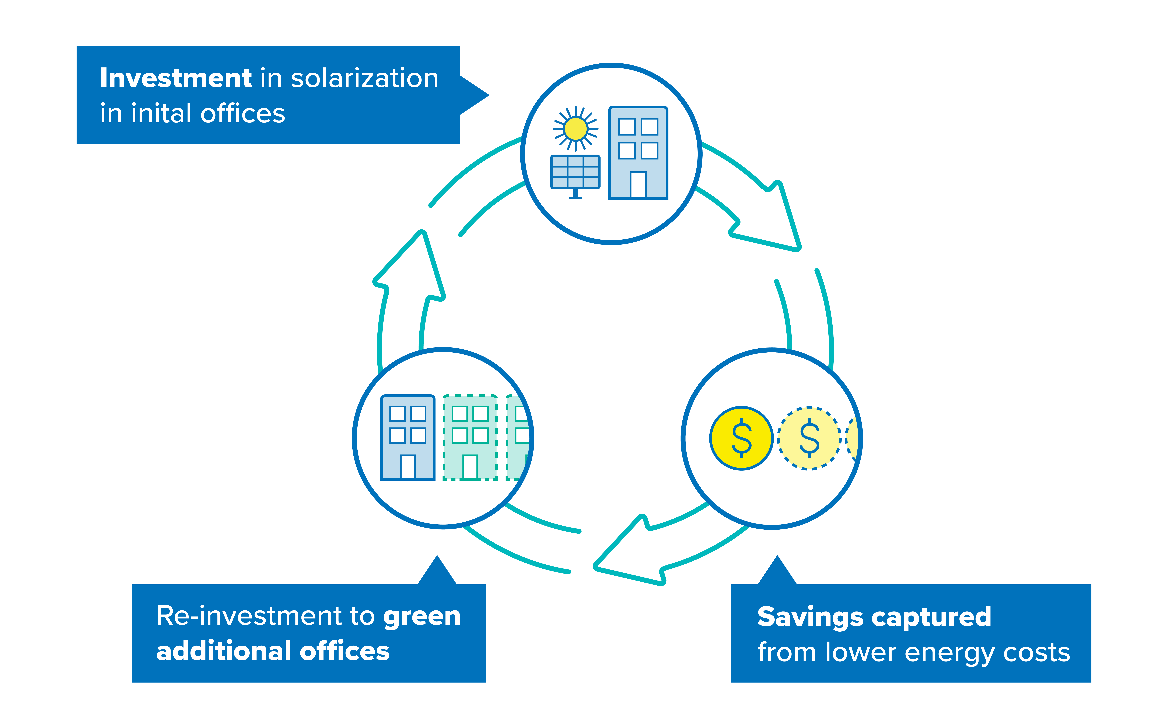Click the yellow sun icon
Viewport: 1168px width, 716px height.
pyautogui.click(x=576, y=129)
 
